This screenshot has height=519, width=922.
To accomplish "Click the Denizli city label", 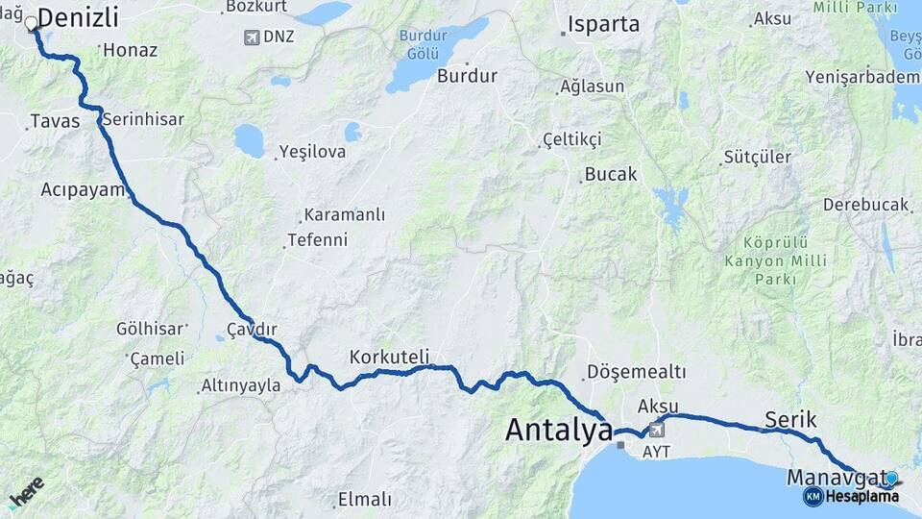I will coord(78,17).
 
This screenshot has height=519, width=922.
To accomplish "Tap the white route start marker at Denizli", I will coord(32,23).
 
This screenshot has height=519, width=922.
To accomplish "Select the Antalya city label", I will coord(558,430).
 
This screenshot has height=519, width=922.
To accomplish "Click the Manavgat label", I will coord(837,476).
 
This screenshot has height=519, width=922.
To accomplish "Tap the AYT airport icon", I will coord(656,430).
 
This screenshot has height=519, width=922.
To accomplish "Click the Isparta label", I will coord(604,25).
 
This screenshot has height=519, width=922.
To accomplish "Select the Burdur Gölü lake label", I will coord(424,43).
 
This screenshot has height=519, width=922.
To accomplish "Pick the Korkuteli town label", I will coord(389,357).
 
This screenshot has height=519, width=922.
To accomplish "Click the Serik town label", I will coord(790,419).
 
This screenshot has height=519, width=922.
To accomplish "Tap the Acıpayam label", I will coord(83,189).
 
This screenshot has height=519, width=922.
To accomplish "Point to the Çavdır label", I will coord(252,330).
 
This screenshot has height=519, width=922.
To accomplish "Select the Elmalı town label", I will coord(365,500).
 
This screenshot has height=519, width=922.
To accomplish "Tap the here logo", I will coord(26,491).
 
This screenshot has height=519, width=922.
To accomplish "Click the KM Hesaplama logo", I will coord(851,496).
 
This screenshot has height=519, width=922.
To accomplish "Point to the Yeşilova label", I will coord(312,152).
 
